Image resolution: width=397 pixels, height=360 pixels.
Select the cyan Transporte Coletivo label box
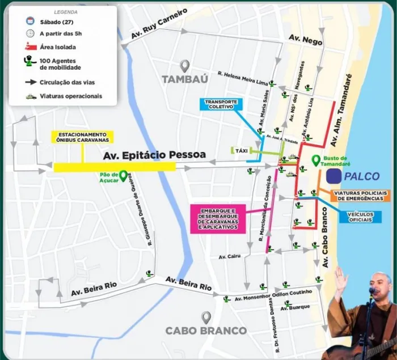(x=221, y=104)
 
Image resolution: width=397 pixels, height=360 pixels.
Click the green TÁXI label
(x=242, y=151)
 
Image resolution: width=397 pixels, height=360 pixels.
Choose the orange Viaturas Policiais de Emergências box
(x=361, y=196)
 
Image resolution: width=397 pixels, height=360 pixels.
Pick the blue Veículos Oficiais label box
(x=364, y=217)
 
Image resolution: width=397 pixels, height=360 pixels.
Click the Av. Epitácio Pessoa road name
(x=153, y=155)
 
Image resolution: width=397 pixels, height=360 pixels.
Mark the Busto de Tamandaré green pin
(x=315, y=161)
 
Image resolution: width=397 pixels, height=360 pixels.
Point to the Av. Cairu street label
(x=229, y=256)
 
